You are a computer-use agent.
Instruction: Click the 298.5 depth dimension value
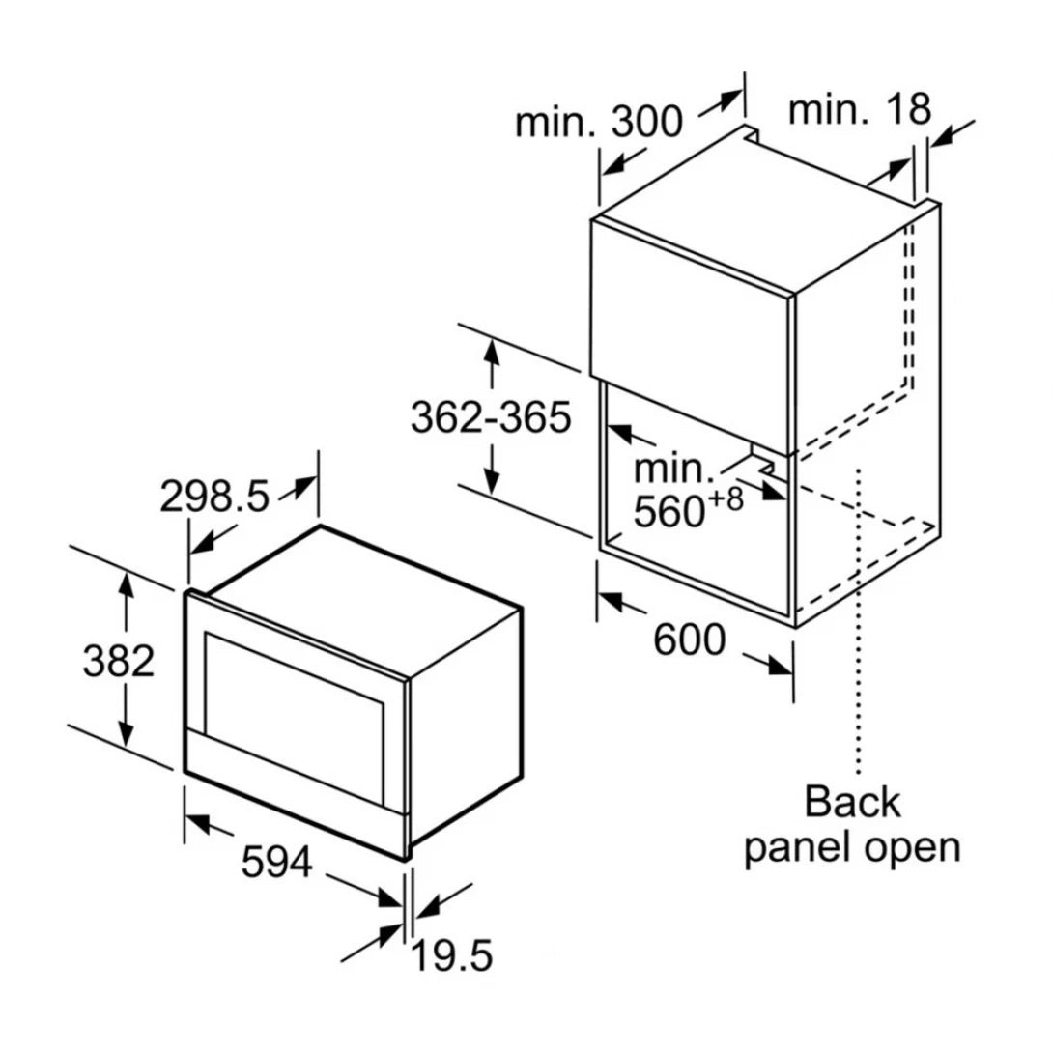coord(214,498)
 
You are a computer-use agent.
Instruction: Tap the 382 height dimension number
coord(118,661)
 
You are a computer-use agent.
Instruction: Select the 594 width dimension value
coord(276,862)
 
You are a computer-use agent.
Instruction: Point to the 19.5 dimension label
coord(452,955)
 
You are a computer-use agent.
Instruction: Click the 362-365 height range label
coord(491,417)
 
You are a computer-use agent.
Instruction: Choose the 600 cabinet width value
coord(690,640)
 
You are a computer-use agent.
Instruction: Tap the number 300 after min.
coord(646,122)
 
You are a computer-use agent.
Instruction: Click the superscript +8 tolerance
coord(726,500)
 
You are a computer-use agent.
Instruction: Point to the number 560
coord(669,512)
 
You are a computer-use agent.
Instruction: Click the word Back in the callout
coord(851,802)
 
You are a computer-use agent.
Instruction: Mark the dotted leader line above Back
coord(858,621)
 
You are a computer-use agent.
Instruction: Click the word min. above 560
coord(673,468)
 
